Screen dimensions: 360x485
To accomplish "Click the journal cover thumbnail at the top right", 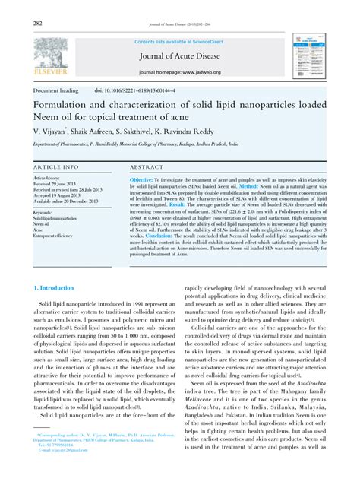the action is click(x=307, y=54).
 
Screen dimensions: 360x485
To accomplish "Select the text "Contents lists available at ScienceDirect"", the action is click(x=178, y=41).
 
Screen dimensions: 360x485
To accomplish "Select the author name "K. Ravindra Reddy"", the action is click(x=204, y=130).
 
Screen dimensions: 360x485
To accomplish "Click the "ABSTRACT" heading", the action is click(x=147, y=166).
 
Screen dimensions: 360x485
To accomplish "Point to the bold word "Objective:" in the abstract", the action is click(x=148, y=179).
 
